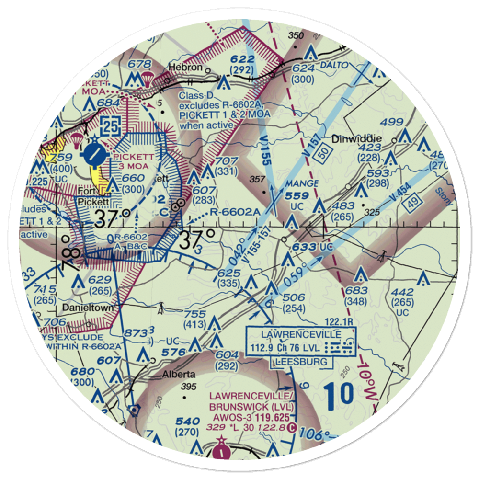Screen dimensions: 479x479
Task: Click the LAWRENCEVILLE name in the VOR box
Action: tap(301, 334)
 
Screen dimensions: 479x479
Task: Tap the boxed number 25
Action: tap(110, 126)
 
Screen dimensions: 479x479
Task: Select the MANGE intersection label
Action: tap(302, 184)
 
